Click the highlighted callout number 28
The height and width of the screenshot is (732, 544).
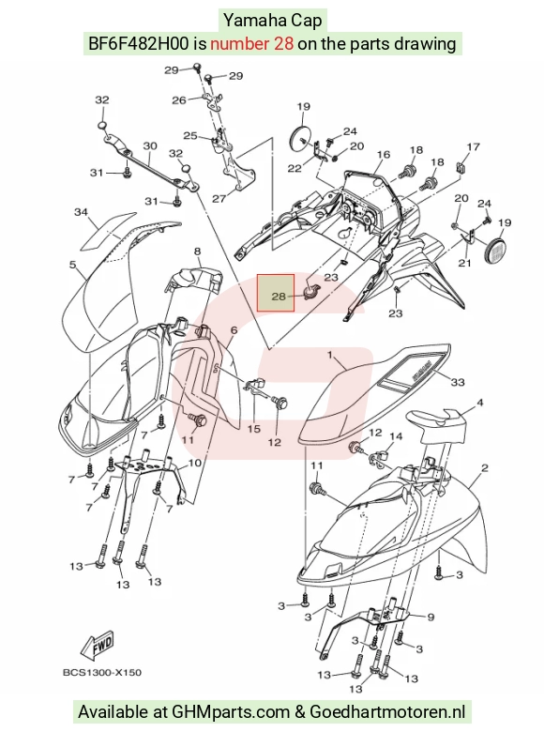(x=278, y=297)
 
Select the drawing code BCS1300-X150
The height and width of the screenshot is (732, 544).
(x=101, y=672)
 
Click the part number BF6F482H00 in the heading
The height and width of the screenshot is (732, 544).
(x=139, y=44)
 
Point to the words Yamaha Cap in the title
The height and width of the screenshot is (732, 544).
(x=272, y=21)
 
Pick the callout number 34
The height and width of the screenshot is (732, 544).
(x=82, y=212)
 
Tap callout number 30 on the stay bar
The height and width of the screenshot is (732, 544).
(x=150, y=146)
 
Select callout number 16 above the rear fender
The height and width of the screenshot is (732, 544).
(x=384, y=155)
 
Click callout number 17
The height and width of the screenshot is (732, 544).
(x=473, y=147)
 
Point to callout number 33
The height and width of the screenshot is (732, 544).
(x=458, y=382)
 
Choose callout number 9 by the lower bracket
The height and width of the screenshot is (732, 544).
(x=431, y=618)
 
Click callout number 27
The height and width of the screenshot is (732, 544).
(x=219, y=198)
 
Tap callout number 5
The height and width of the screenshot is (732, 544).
(x=72, y=265)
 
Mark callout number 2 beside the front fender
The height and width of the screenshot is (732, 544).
(x=485, y=467)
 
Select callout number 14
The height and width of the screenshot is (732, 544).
(x=396, y=436)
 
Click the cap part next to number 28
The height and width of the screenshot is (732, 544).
(x=310, y=292)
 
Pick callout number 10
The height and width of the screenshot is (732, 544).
(x=195, y=463)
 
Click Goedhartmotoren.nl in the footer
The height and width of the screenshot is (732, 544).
(x=387, y=712)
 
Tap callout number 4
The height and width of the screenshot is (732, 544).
(x=479, y=403)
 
